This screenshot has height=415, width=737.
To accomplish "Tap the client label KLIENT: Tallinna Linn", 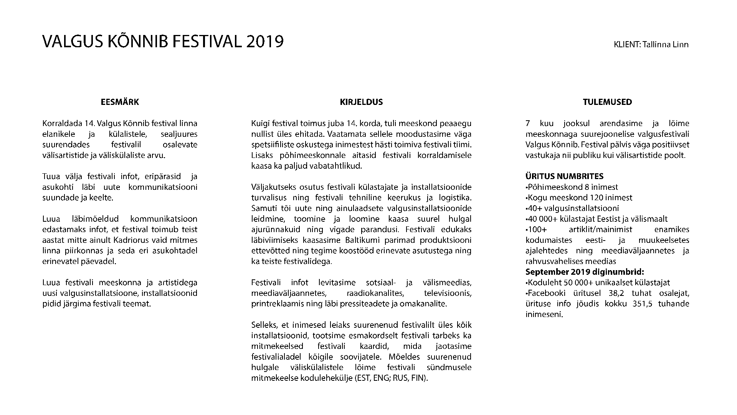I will click(x=651, y=45).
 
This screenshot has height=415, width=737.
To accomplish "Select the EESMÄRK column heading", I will click(x=120, y=102).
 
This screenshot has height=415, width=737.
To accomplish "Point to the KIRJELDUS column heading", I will click(x=361, y=102).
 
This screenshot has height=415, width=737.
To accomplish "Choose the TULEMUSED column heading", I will click(x=607, y=102).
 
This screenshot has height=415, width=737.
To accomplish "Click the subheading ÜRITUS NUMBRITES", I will click(x=564, y=176).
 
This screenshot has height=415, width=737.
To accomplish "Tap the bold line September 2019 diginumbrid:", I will click(x=585, y=272).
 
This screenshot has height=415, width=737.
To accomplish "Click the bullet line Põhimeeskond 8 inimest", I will click(x=572, y=187).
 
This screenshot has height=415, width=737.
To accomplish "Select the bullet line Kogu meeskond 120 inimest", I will click(x=579, y=198).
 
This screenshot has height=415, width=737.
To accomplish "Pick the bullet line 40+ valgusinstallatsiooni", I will click(x=573, y=208).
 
